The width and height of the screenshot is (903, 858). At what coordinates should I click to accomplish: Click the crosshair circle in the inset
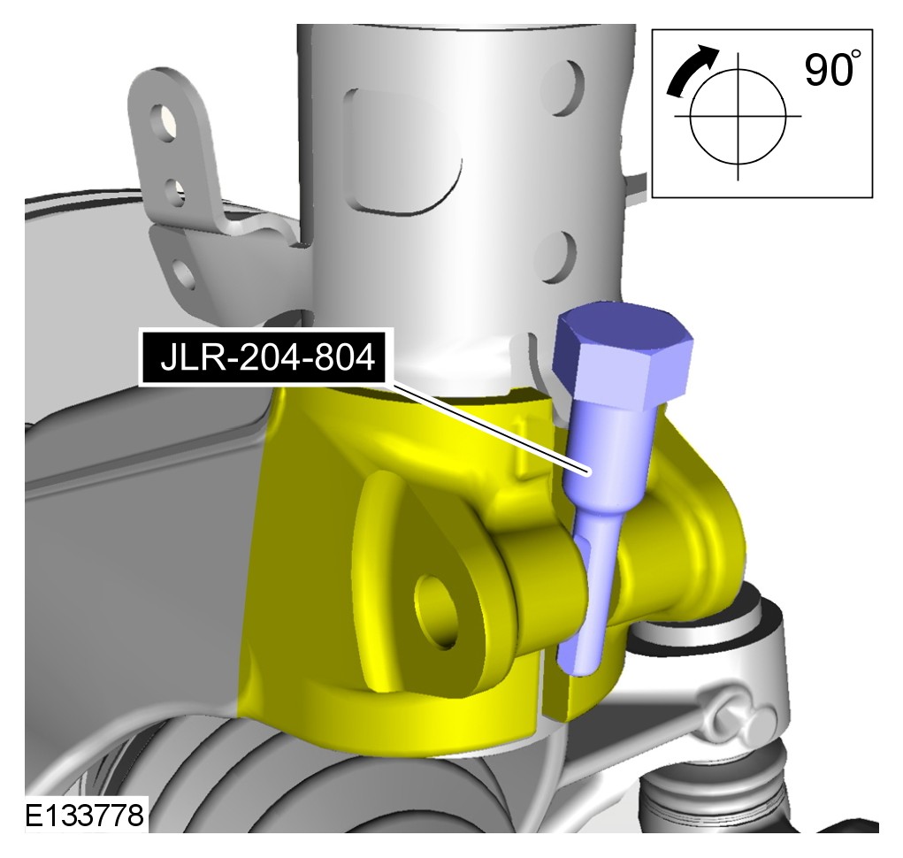click(738, 117)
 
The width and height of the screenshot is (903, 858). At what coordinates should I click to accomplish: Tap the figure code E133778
click(85, 816)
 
